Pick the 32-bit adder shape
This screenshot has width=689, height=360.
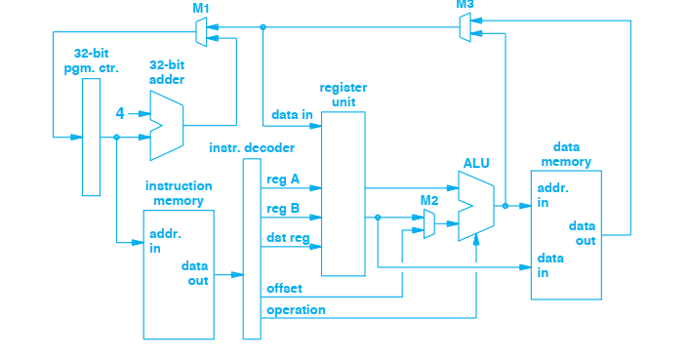point(166,125)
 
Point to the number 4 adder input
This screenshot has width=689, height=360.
point(120,113)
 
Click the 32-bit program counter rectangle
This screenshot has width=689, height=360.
point(91,137)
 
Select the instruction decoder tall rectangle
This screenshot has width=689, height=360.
point(252,248)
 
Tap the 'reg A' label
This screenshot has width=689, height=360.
point(282,179)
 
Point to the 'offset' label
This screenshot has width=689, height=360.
point(284,289)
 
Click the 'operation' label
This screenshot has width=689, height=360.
point(296,309)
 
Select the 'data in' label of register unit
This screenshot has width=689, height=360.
point(292,114)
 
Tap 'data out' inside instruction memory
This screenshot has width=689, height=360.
point(195,272)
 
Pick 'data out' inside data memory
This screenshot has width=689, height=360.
point(584,234)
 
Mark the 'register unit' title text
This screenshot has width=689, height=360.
point(343,94)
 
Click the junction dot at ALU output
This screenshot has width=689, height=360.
point(505,206)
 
